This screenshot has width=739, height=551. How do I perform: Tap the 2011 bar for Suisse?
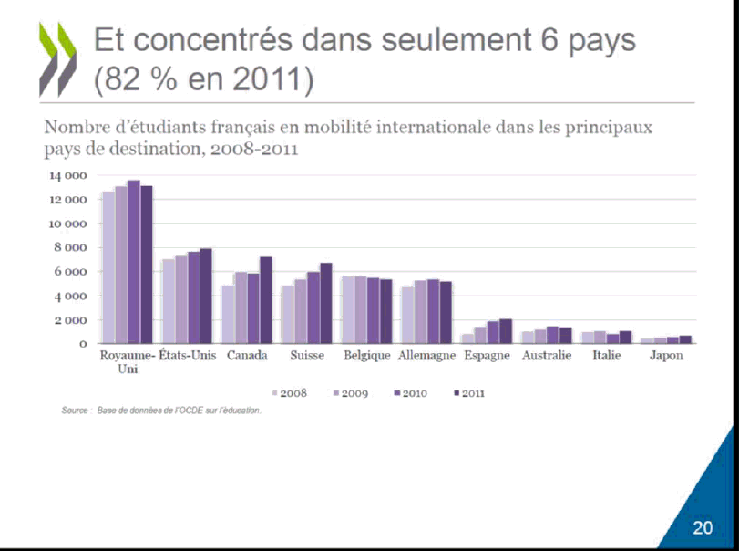326,303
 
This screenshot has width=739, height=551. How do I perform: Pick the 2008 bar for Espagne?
467,338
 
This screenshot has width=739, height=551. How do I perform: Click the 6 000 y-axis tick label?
71,272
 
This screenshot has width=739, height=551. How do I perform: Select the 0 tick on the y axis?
83,344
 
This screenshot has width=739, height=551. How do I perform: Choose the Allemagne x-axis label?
426,356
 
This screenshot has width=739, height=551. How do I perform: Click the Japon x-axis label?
665,356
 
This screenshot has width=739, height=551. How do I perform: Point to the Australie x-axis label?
547,356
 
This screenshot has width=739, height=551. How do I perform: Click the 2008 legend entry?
291,393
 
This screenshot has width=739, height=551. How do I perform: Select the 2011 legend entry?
469,393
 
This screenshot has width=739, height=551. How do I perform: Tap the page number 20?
702,528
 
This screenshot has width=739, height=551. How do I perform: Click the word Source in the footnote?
75,411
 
